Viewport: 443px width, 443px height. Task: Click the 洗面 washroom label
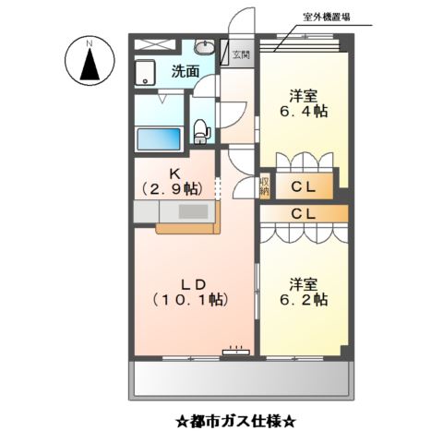click(x=185, y=71)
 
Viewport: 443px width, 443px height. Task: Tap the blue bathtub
click(x=159, y=140)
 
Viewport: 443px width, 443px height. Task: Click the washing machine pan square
click(x=147, y=73)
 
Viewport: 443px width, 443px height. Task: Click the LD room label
click(x=188, y=281)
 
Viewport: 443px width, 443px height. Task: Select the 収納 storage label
click(x=264, y=186)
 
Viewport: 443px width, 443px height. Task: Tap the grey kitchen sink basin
click(x=195, y=211)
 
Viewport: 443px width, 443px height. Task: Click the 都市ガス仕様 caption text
click(x=236, y=423)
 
